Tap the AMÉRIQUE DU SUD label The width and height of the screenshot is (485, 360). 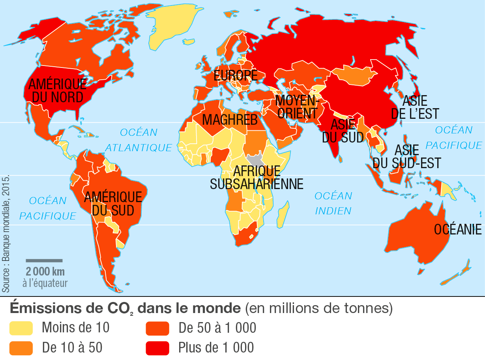(113, 203)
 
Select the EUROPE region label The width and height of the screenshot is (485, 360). (235, 75)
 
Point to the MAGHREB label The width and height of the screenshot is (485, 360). (230, 120)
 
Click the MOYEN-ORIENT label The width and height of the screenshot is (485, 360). (296, 106)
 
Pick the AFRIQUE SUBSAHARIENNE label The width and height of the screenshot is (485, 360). (257, 178)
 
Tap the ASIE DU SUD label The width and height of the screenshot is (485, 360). (343, 131)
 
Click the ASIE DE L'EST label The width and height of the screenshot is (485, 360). (414, 107)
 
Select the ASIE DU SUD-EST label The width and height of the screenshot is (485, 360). (406, 156)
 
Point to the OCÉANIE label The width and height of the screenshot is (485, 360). (458, 229)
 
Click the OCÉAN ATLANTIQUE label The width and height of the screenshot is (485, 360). (139, 140)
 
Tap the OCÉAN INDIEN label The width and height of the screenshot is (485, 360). (333, 203)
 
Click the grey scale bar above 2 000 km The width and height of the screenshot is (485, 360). (44, 261)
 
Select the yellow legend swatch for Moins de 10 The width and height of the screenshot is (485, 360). (21, 328)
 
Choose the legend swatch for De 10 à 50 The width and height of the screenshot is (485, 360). (21, 348)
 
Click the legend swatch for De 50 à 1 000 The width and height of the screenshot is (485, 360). (157, 328)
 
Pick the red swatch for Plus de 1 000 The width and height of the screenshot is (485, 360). (157, 348)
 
